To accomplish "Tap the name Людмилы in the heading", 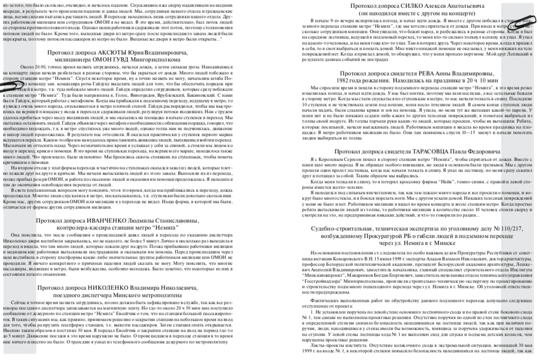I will click(152, 220).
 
